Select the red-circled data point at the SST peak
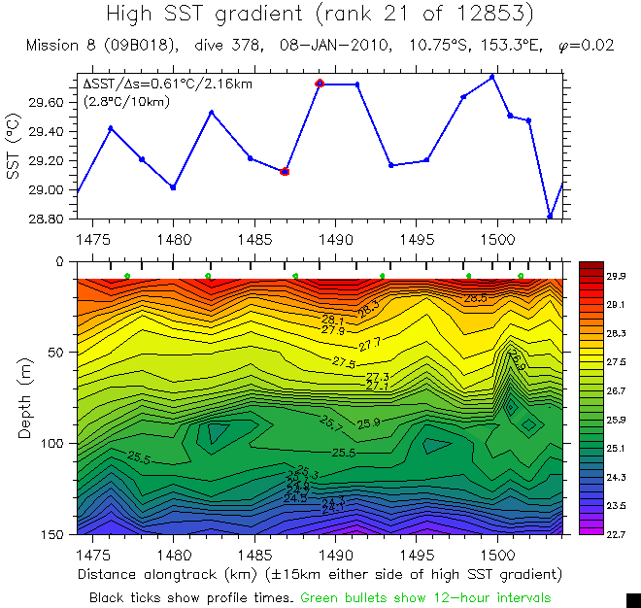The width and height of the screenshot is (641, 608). (320, 84)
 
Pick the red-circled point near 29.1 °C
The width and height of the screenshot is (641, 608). (285, 171)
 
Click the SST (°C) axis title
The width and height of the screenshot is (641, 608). (13, 147)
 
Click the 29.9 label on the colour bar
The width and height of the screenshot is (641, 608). (615, 276)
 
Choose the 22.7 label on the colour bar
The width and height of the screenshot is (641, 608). (615, 533)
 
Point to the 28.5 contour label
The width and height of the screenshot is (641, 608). (476, 298)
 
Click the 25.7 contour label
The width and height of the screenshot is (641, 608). (332, 423)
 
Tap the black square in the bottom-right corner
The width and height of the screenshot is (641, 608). (632, 599)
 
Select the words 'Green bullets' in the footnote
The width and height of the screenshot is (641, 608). (343, 596)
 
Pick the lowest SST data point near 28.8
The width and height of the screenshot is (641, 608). (550, 217)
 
